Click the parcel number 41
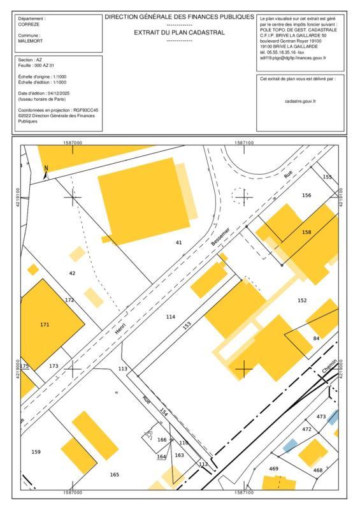[178, 243]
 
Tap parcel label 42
[72, 273]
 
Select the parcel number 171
[45, 325]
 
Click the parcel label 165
[115, 474]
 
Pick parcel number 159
[36, 452]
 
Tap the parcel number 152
[302, 300]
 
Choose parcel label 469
[274, 469]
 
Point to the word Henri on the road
[121, 328]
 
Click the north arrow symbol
[46, 171]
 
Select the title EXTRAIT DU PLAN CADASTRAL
[179, 32]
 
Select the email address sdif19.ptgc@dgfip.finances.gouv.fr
[292, 58]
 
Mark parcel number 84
[315, 338]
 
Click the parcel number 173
[54, 366]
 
